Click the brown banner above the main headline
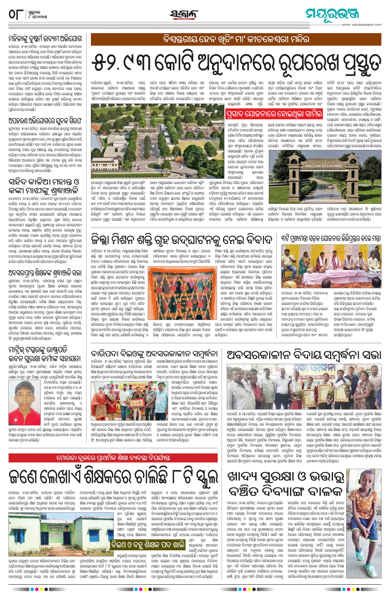point(236,39)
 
